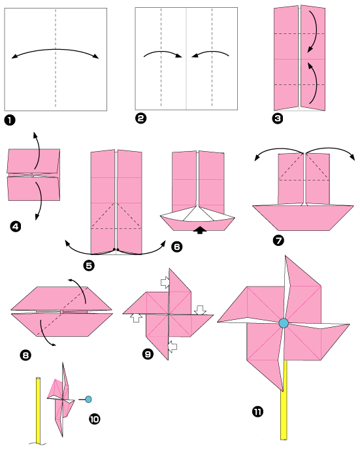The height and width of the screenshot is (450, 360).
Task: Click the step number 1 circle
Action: (9, 120)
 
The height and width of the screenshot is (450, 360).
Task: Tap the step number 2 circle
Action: (140, 118)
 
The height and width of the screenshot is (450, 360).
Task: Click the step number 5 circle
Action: (89, 265)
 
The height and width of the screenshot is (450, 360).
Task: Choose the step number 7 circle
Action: (279, 239)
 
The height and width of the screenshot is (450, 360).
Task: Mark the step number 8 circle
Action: (25, 355)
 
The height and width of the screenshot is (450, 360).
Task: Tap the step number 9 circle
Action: (148, 354)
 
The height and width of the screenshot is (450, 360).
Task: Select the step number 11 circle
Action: (257, 411)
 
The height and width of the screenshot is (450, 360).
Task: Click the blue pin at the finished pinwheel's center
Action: (283, 323)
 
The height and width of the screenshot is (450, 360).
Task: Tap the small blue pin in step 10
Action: (88, 398)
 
